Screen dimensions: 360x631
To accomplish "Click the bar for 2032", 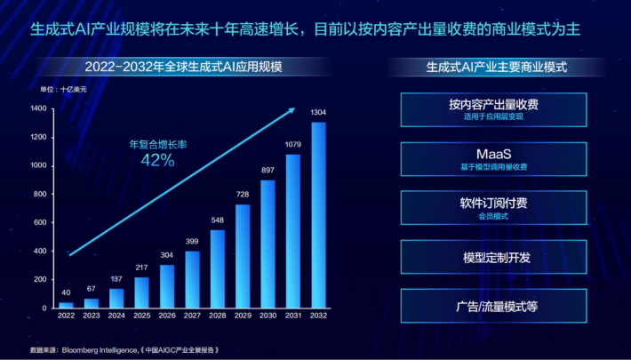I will (317, 215).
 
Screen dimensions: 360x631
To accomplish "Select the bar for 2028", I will (217, 268).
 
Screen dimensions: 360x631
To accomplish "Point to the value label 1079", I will (292, 145).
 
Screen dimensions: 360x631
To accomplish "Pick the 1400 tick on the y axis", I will (37, 108).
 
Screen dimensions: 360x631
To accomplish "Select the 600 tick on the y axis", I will (40, 222).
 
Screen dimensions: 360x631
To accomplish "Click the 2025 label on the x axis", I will (141, 316).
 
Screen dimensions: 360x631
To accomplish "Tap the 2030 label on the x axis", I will (267, 316).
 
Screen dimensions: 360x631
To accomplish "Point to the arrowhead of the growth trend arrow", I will (294, 110).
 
